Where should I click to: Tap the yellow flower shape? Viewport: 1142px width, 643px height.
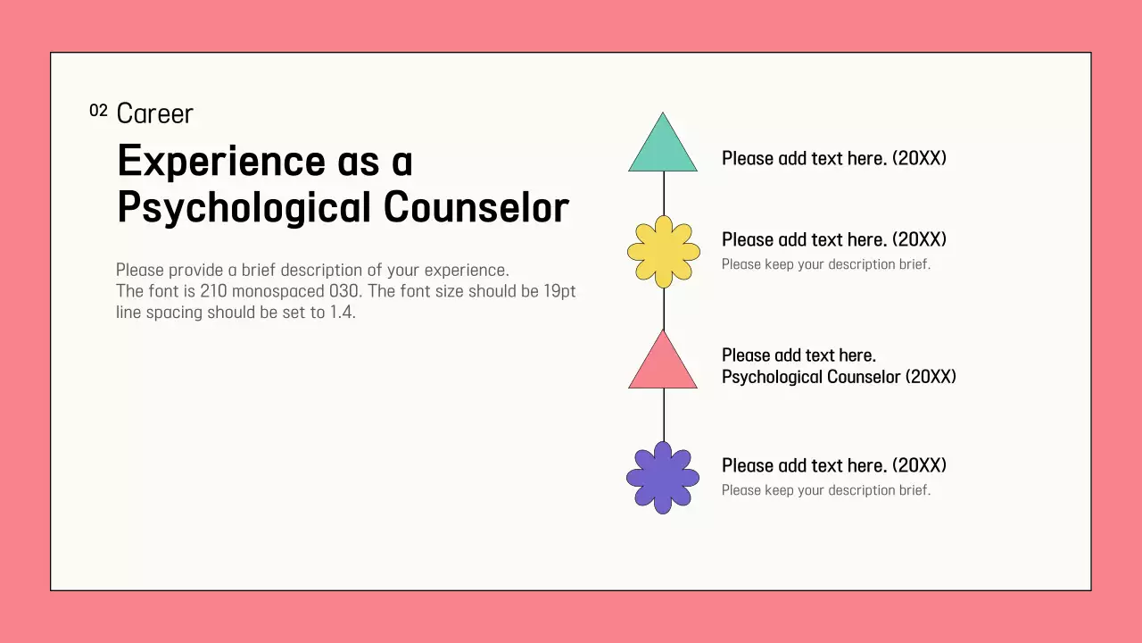click(x=663, y=252)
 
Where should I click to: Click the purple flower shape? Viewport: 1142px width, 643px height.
click(x=663, y=478)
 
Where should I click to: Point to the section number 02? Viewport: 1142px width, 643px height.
click(x=98, y=111)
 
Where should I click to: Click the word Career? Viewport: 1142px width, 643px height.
click(x=154, y=113)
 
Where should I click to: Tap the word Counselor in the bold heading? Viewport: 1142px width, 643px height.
click(x=476, y=207)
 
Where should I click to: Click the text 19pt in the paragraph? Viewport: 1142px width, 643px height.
click(x=559, y=291)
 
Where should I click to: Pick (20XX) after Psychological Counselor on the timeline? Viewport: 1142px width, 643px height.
click(x=931, y=377)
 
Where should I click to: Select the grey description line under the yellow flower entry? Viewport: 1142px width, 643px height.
click(x=825, y=264)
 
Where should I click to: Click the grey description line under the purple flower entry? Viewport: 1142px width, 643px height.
click(x=825, y=490)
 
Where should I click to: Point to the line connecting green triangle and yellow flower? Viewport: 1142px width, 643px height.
click(x=664, y=193)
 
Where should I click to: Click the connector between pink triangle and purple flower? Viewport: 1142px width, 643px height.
click(x=664, y=414)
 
